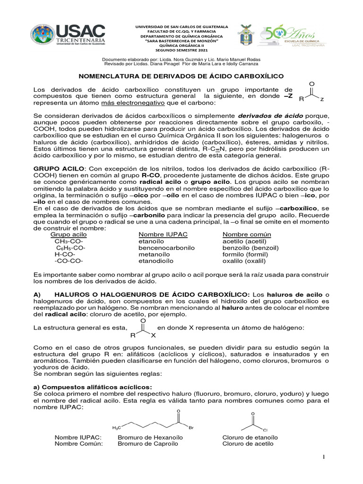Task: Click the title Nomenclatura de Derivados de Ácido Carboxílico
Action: pos(181,76)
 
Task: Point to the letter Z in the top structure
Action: pos(322,100)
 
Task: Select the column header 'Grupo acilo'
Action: pos(68,234)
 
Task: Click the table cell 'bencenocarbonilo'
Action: pos(164,248)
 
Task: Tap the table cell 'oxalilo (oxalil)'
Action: pos(244,260)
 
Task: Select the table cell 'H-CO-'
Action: pos(64,254)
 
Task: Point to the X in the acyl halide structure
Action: pos(153,336)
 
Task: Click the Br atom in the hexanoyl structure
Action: pos(191,428)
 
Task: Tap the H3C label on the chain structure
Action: pos(116,428)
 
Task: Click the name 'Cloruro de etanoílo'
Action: pos(250,437)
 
